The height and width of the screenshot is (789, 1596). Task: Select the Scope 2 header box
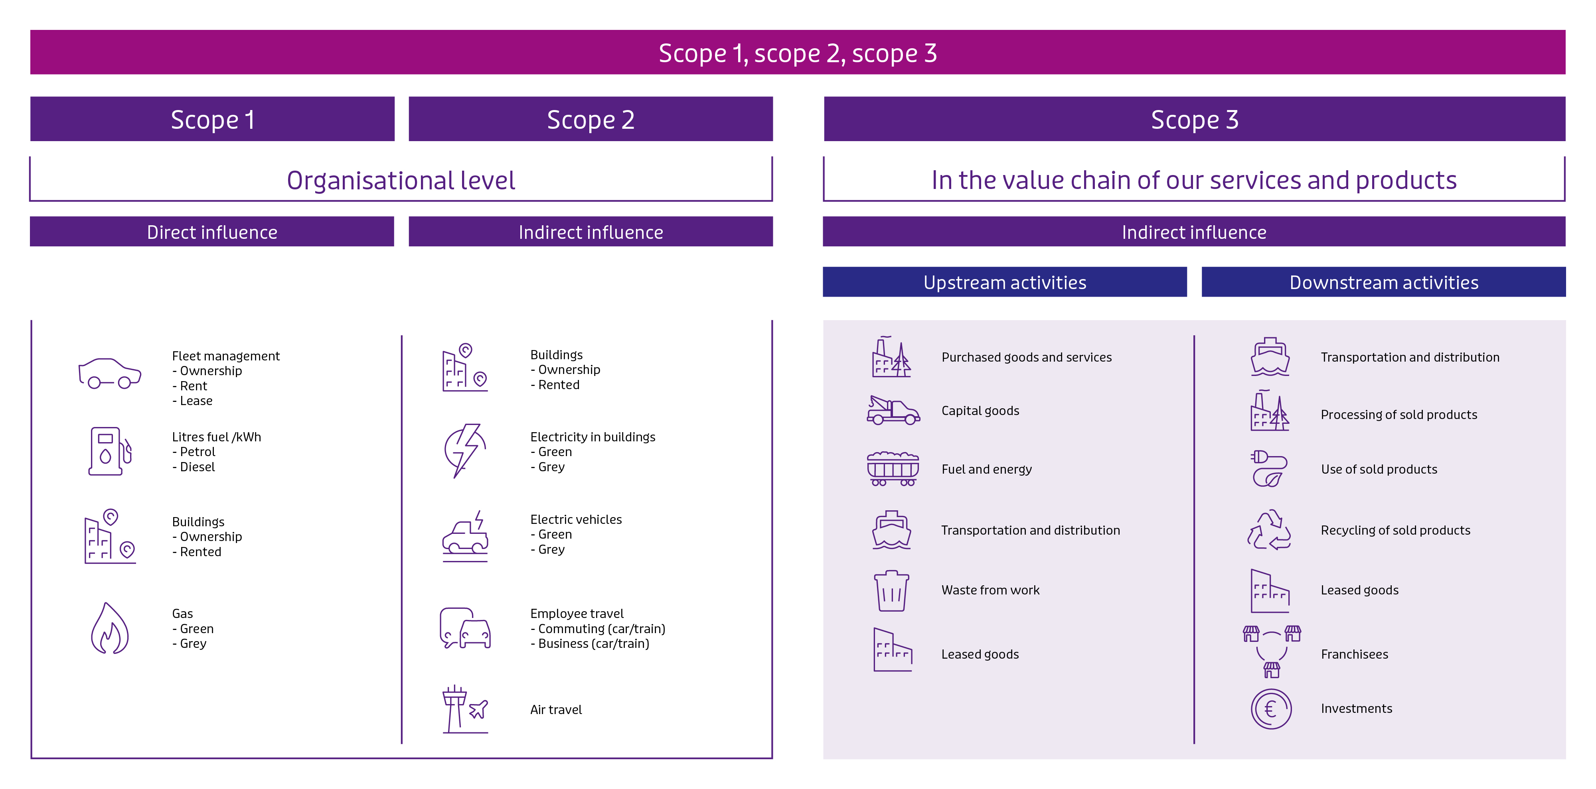(x=591, y=119)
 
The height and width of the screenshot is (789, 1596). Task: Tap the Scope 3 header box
(x=1195, y=119)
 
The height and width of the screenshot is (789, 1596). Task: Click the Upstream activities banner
(x=1005, y=282)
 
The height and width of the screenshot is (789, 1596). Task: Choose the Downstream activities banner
(x=1383, y=282)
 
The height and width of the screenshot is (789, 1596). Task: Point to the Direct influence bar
(x=212, y=232)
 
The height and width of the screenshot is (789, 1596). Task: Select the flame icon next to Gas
(x=110, y=628)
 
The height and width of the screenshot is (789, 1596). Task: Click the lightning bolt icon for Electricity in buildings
(x=465, y=450)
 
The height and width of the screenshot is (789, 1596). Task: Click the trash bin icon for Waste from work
(x=891, y=591)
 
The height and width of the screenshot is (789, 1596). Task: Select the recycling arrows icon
(x=1270, y=530)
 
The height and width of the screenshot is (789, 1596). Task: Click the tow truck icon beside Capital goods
(x=893, y=410)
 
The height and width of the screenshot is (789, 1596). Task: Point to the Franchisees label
(x=1354, y=654)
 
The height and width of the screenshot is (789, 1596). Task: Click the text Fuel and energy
(x=986, y=469)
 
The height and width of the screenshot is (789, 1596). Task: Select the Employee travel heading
(x=577, y=613)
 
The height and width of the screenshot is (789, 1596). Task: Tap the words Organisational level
(x=401, y=180)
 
